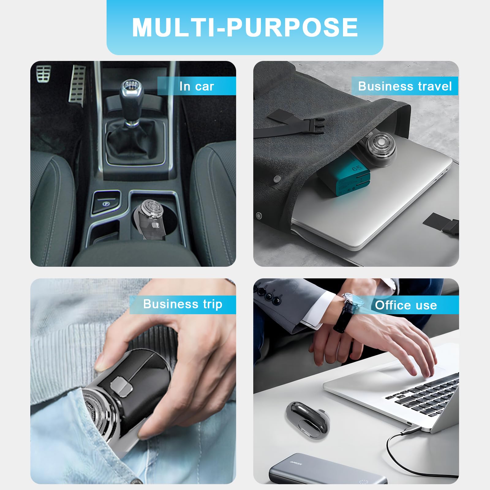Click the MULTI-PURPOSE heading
245,27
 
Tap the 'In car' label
197,86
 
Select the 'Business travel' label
405,86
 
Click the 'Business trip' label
183,304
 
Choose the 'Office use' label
406,305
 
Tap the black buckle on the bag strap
312,126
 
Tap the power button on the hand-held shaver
122,386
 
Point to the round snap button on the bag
277,179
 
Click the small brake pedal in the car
43,74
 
